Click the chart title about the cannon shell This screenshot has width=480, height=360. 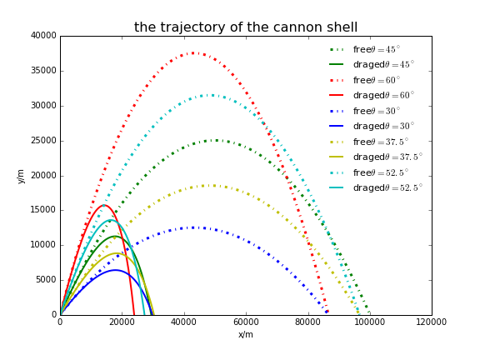246,27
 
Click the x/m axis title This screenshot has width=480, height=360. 246,334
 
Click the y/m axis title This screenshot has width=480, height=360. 21,176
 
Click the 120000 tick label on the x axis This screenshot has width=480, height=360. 431,322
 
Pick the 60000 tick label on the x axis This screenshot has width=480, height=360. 246,322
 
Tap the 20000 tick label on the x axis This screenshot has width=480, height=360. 122,322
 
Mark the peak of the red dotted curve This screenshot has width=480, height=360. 193,53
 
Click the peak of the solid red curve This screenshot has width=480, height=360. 104,205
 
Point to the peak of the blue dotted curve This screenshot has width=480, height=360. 193,227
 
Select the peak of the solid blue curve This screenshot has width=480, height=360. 116,270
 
